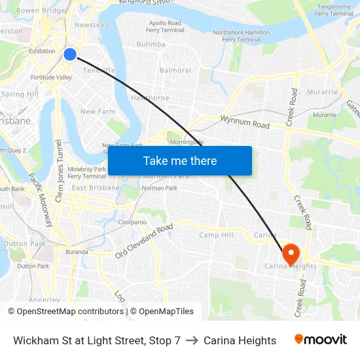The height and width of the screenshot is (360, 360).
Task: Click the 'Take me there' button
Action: (x=180, y=160)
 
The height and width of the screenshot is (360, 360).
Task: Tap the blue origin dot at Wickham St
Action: (x=70, y=54)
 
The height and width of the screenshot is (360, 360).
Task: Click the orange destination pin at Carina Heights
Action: (x=290, y=253)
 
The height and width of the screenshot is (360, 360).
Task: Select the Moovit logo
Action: (x=321, y=340)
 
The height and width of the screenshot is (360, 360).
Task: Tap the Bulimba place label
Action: (x=151, y=45)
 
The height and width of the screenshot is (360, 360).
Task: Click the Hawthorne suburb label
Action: (x=150, y=98)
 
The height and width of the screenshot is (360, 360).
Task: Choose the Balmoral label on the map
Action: (x=175, y=71)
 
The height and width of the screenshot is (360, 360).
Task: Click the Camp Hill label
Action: (x=216, y=236)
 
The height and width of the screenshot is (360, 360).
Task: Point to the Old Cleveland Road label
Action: (x=144, y=241)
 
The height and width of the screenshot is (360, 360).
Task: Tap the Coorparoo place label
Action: (x=133, y=222)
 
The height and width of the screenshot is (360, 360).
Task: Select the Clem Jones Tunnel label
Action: (x=59, y=170)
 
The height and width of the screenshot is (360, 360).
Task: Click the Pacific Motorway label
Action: (x=40, y=200)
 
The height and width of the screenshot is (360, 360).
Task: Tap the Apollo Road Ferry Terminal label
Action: (x=164, y=26)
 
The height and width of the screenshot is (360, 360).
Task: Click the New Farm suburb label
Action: (x=98, y=112)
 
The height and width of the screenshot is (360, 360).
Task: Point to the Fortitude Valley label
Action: (x=51, y=77)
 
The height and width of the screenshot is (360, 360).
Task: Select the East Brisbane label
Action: (x=96, y=188)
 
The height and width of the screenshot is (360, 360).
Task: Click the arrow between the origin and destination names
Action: (x=192, y=340)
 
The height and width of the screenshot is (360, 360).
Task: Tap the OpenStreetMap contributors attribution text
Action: (x=65, y=312)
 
